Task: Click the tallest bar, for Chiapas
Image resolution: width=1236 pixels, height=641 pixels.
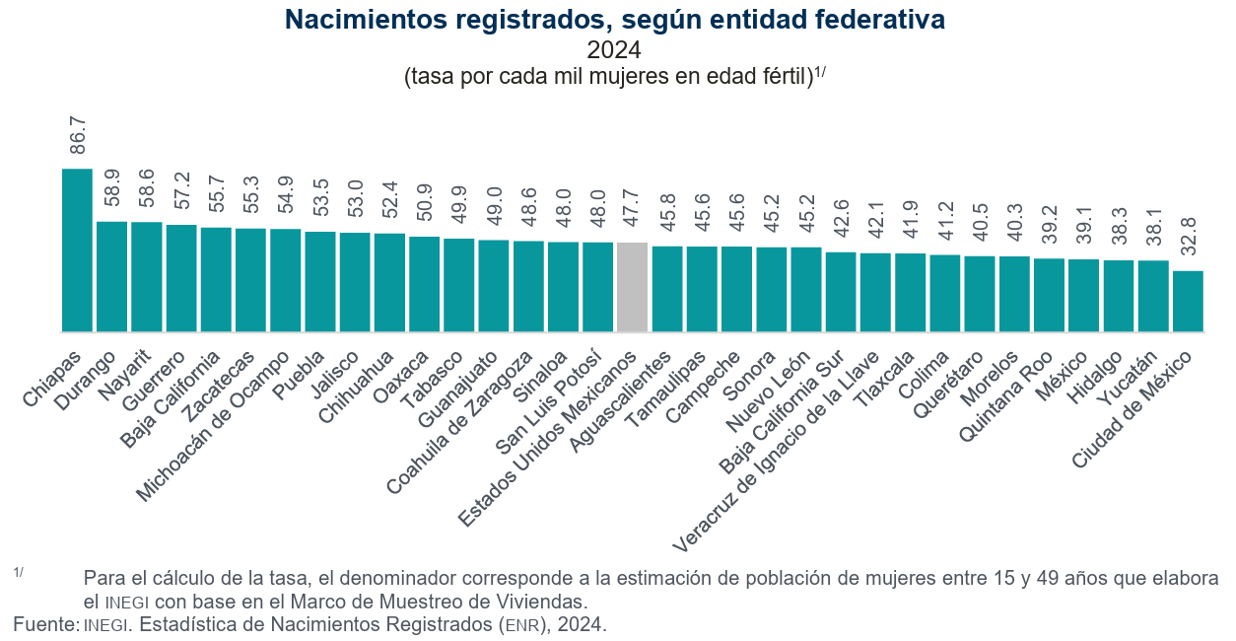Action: [x=77, y=250]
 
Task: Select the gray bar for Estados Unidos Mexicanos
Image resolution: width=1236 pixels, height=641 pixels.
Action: [x=632, y=287]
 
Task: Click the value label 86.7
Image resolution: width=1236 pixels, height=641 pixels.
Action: [x=78, y=135]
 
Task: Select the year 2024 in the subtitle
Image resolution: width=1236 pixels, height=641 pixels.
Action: [x=614, y=49]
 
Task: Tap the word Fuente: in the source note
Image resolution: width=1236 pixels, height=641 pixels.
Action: [x=45, y=624]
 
